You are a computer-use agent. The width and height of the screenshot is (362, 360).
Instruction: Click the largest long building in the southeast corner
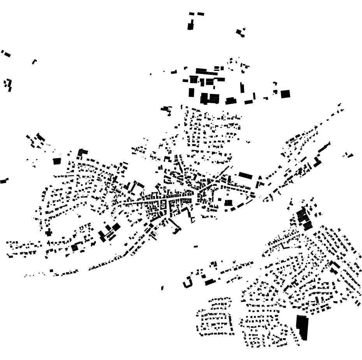coord(302,327)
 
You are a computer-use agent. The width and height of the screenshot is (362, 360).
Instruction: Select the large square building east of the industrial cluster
coord(285,94)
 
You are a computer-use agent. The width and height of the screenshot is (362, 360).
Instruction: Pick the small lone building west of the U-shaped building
coord(162,288)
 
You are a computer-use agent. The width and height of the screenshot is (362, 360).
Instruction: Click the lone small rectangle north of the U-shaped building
coord(195,246)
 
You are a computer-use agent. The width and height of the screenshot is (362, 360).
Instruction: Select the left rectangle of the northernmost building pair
coord(192,14)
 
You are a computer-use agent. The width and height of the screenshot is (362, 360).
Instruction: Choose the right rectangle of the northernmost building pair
coord(200,14)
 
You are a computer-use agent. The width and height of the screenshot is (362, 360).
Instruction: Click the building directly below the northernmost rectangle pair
coord(190,26)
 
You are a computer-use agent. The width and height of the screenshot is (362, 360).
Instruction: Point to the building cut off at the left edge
coord(3,181)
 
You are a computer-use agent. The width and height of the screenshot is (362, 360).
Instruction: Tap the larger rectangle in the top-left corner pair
coord(7,55)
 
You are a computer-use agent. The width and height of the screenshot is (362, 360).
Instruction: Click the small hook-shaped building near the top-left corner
coord(34,61)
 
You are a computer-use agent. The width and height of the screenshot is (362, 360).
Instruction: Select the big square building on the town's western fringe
coord(57,161)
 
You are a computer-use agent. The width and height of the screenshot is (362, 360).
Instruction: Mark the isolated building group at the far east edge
coord(348,155)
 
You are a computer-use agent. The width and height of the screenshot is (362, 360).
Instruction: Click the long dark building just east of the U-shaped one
coord(210,282)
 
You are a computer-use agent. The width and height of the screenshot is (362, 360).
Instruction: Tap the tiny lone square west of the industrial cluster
coord(151,74)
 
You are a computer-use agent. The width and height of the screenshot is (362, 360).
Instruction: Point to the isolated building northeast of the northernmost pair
coord(241,32)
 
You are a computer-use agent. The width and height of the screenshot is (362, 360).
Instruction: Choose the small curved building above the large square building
coord(275,83)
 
